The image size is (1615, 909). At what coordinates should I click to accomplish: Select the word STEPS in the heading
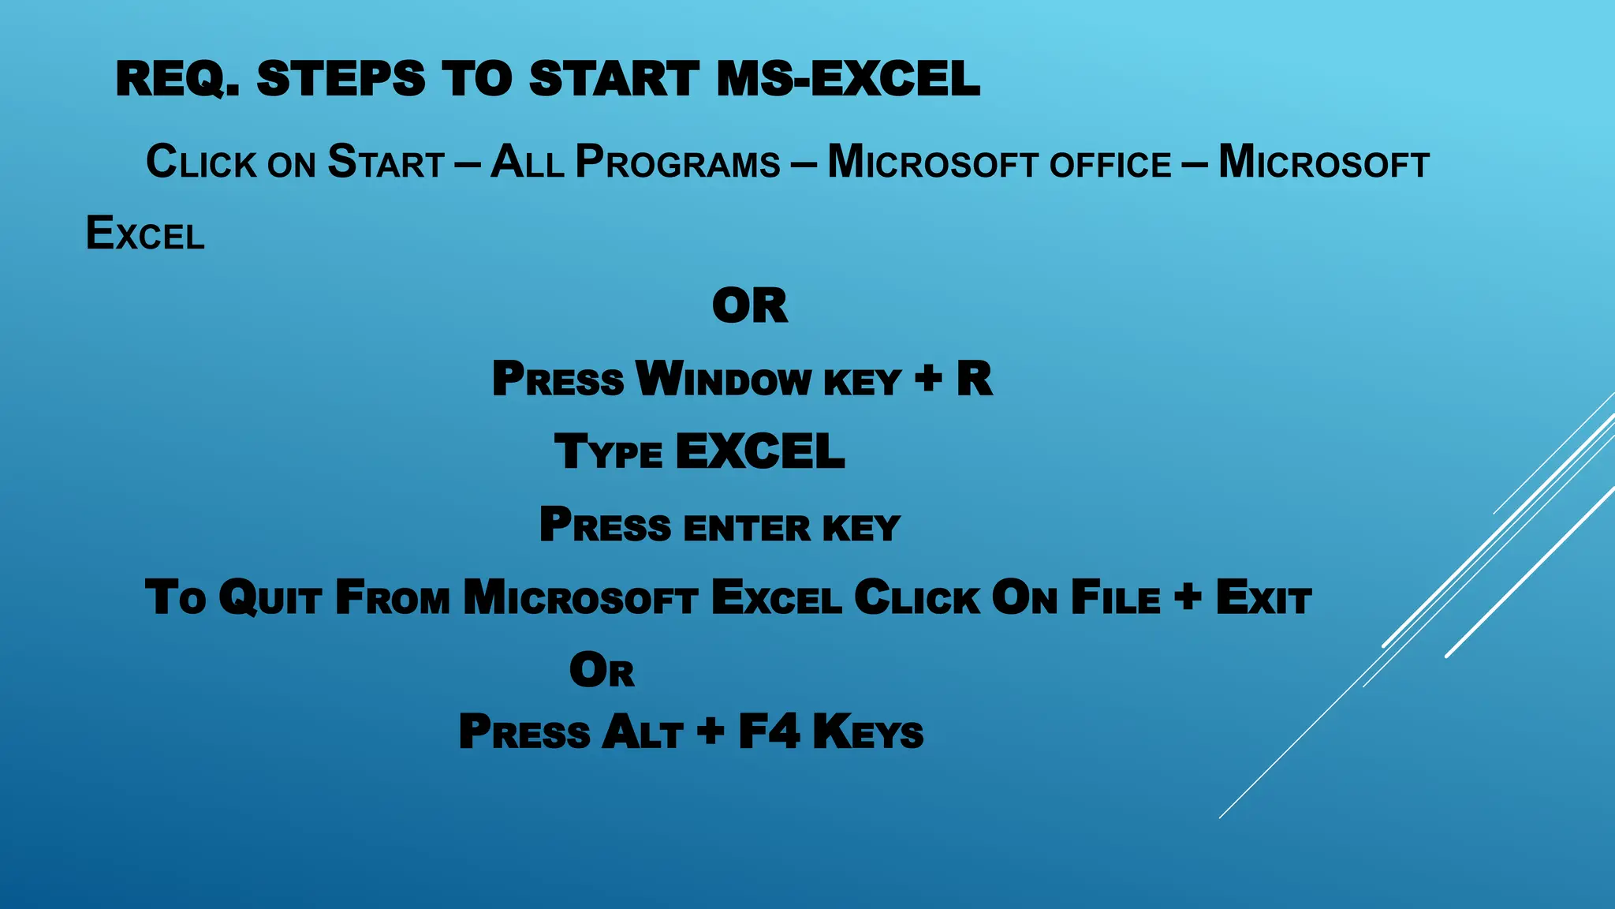point(341,80)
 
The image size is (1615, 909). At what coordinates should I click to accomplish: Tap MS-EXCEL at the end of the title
point(849,80)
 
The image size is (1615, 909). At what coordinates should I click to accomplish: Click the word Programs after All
point(678,163)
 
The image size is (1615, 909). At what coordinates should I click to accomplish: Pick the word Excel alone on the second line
point(145,234)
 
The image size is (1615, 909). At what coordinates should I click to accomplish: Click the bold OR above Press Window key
point(749,306)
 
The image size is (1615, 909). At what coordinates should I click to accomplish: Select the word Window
point(723,380)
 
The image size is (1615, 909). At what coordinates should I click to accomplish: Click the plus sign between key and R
point(929,378)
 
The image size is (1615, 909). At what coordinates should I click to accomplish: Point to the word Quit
point(270,598)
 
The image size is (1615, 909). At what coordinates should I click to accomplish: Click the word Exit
point(1263,598)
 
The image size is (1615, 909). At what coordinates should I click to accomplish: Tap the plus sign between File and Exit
point(1188,597)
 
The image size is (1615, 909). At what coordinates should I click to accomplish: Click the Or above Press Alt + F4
point(602,671)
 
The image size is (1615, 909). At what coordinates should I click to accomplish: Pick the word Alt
point(642,732)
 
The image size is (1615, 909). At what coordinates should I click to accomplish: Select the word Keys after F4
point(867,732)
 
